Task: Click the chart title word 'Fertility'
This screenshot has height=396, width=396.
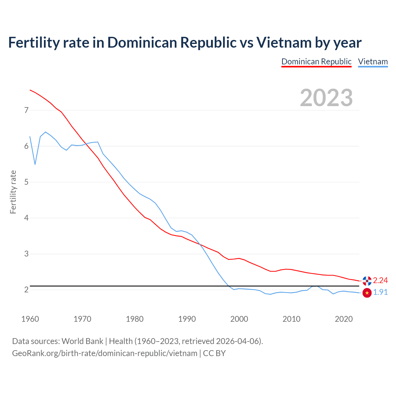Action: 34,42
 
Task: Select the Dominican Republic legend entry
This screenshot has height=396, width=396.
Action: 316,62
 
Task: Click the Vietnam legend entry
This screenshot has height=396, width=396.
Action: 373,62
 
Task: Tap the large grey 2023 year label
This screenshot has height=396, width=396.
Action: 326,98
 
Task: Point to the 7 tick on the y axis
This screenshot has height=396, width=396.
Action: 26,110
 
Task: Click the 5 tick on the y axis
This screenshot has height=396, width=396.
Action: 26,182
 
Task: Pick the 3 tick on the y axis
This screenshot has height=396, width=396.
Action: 26,254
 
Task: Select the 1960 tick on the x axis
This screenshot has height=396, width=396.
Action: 30,319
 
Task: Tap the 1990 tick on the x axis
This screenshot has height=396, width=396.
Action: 187,319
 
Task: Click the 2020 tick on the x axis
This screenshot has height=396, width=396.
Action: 344,319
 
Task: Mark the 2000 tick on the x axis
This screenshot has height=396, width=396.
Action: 239,319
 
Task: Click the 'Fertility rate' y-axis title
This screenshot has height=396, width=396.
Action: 13,192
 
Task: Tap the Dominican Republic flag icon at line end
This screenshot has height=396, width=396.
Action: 367,281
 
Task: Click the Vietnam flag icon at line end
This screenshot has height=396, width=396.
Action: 367,293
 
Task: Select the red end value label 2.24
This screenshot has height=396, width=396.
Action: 380,280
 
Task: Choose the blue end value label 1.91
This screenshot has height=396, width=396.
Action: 380,292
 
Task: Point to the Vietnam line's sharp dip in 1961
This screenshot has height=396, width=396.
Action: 35,164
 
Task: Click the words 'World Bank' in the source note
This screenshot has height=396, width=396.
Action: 82,341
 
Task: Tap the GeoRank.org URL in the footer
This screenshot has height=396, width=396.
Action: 105,353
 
